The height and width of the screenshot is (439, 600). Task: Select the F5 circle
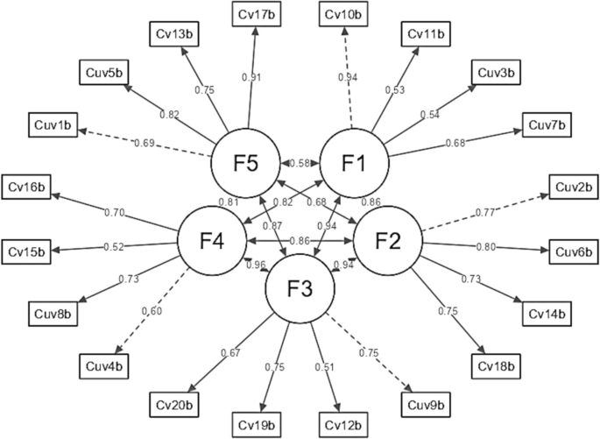pos(245,164)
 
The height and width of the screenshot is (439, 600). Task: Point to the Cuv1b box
pos(53,124)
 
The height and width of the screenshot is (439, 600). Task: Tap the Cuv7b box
pos(549,124)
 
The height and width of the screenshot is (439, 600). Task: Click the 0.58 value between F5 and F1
pos(300,164)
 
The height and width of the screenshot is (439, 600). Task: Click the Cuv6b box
pos(573,251)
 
